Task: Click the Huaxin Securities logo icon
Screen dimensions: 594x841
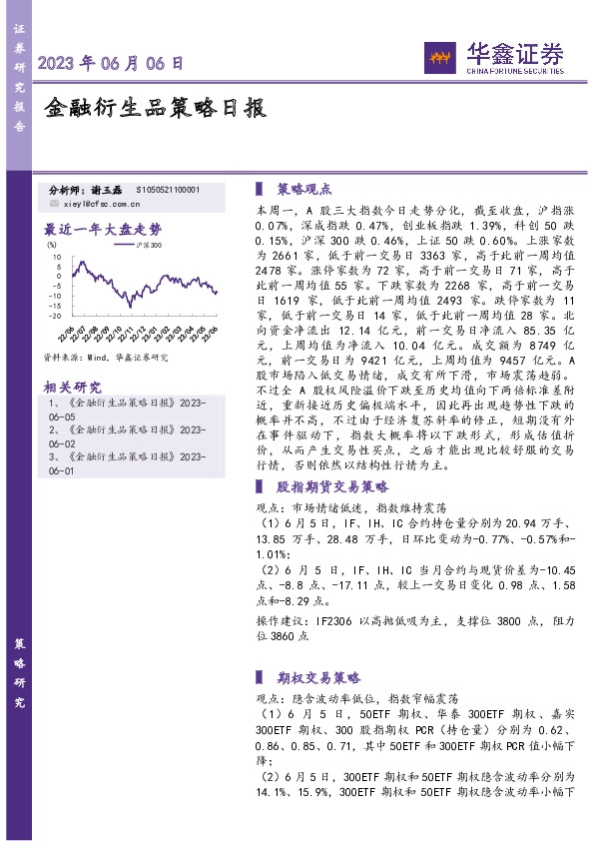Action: click(439, 55)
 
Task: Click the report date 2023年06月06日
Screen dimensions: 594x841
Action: click(111, 63)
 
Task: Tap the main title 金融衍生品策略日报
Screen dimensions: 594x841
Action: click(156, 108)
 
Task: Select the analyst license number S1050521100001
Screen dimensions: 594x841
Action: click(167, 189)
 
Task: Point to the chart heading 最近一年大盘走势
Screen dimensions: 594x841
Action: click(103, 227)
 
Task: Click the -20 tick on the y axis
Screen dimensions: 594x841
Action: click(60, 317)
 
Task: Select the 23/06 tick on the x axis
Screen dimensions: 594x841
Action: click(214, 331)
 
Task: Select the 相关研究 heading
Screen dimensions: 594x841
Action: click(73, 386)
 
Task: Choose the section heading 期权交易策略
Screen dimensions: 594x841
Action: click(317, 674)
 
